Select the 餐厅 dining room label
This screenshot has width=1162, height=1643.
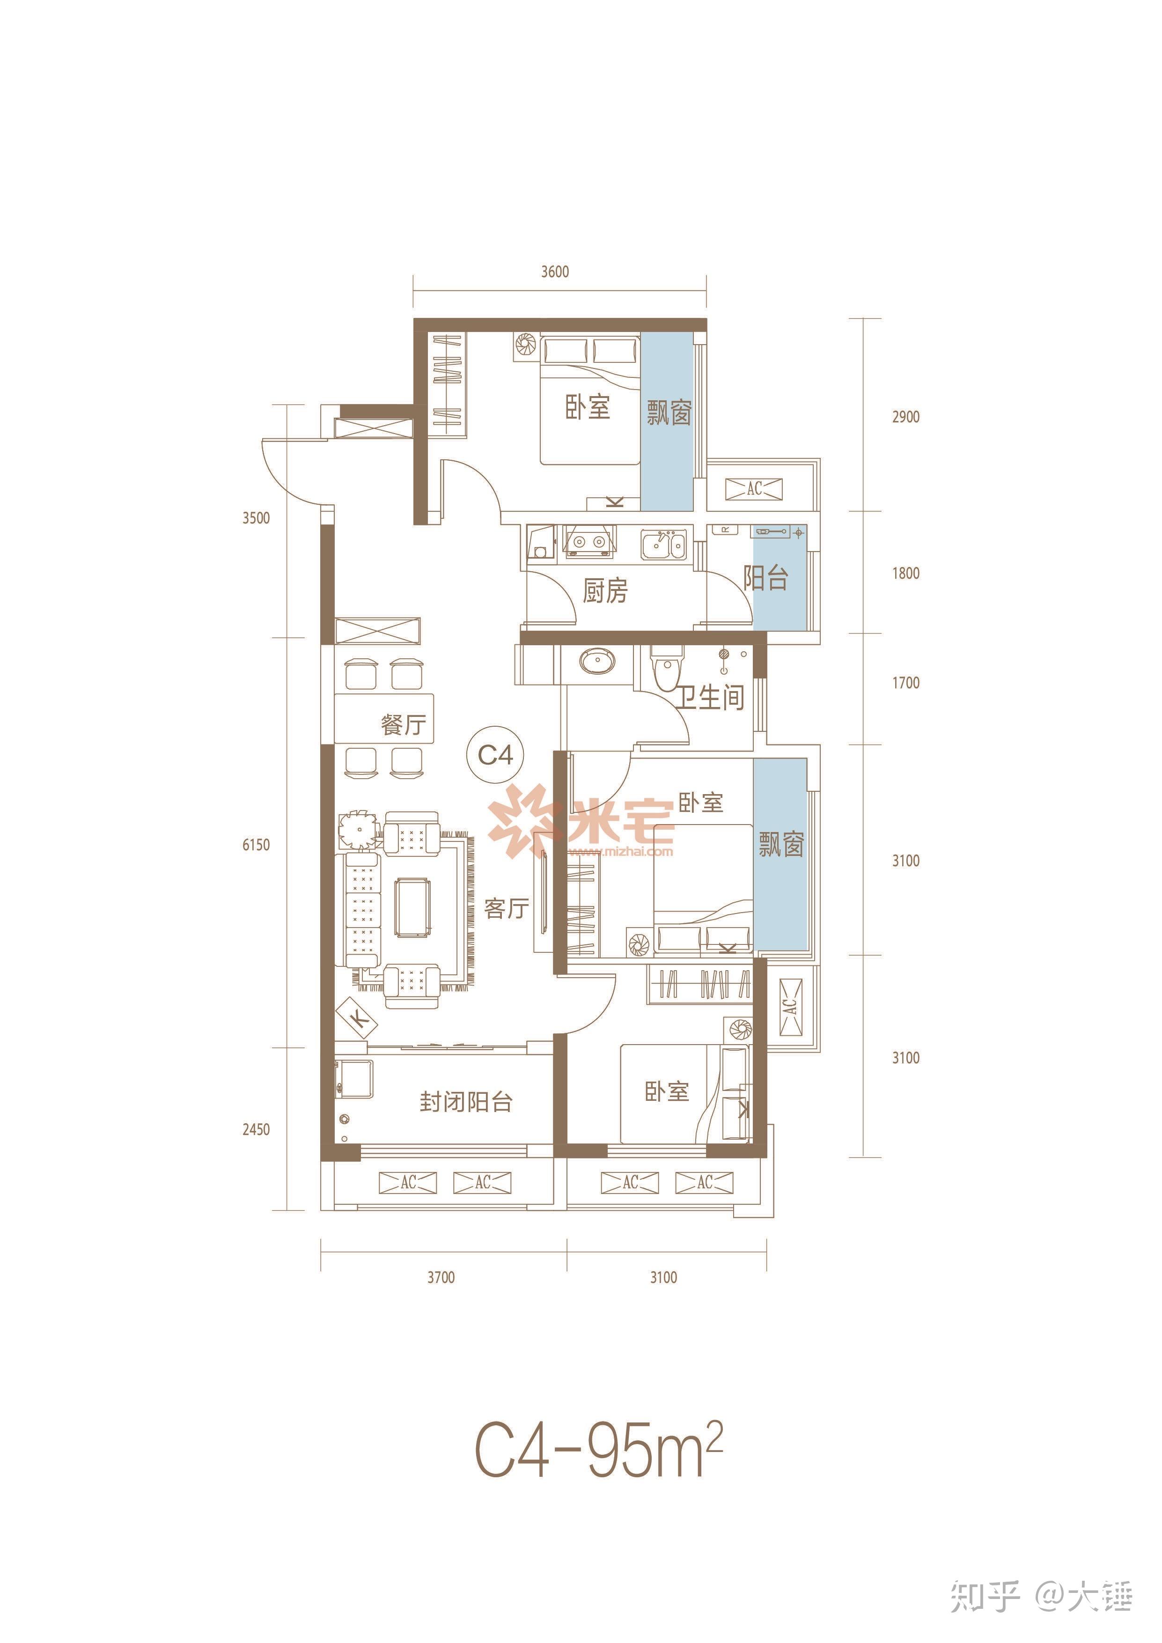pyautogui.click(x=404, y=724)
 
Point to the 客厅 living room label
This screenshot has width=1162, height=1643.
pyautogui.click(x=507, y=909)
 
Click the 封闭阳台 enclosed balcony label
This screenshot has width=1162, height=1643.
pyautogui.click(x=466, y=1102)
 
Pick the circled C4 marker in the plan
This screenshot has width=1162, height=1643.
pyautogui.click(x=495, y=755)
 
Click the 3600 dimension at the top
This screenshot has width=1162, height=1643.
pyautogui.click(x=555, y=272)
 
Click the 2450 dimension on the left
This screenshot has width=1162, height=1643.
pyautogui.click(x=256, y=1129)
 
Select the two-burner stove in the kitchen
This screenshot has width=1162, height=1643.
pyautogui.click(x=589, y=542)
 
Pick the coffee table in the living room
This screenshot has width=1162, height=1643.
pyautogui.click(x=413, y=908)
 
